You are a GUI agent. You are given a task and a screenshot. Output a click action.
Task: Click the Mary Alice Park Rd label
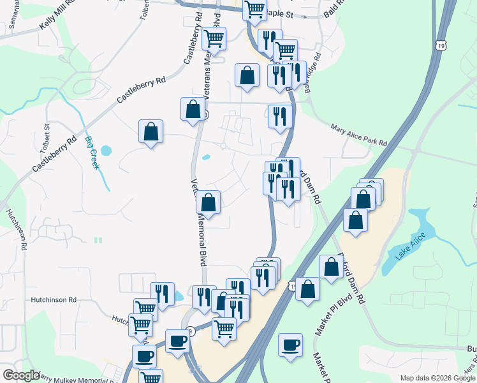click(x=358, y=136)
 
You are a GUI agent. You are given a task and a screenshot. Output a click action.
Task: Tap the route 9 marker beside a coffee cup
click(x=190, y=330)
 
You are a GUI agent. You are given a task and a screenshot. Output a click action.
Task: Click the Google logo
click(x=20, y=375)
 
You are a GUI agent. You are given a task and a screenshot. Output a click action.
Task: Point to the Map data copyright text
click(x=437, y=378)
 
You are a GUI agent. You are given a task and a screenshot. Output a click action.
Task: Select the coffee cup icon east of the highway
click(x=291, y=345)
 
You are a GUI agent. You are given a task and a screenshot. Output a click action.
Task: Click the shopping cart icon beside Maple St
click(x=254, y=10)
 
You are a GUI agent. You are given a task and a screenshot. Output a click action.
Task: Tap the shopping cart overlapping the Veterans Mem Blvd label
click(x=214, y=38)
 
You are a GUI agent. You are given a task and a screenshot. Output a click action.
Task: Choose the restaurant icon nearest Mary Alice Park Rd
click(x=279, y=116)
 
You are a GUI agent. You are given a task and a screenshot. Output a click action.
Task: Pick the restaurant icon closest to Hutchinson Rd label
click(x=162, y=294)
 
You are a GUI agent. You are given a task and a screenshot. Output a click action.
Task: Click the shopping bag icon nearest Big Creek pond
click(x=150, y=132)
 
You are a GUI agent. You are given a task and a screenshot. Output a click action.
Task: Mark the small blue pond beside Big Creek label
click(x=105, y=151)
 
